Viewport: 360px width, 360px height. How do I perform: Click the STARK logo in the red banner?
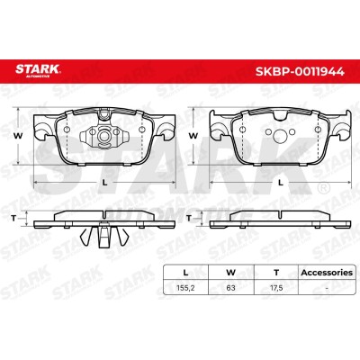point(38,71)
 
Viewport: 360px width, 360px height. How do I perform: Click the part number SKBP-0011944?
point(300,72)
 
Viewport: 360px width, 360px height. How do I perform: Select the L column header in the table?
point(185,273)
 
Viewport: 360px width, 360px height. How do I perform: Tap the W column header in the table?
point(230,273)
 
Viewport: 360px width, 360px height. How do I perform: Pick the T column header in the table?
point(276,273)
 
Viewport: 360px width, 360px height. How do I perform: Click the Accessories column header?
point(327,273)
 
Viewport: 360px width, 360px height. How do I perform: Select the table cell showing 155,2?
point(185,288)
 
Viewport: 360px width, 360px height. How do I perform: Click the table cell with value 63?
point(230,288)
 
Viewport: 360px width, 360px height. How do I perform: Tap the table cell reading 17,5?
point(276,288)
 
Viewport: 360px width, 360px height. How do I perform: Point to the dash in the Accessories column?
point(327,289)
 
